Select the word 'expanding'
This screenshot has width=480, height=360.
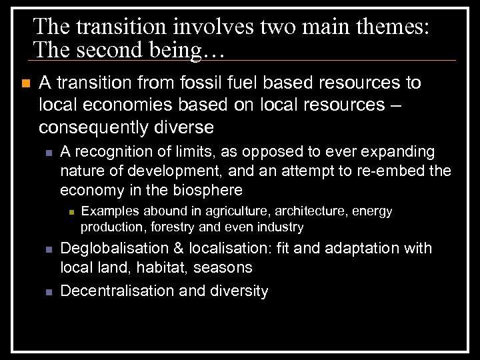400,152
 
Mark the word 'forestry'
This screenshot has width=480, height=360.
177,227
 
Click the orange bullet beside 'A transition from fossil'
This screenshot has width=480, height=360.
25,83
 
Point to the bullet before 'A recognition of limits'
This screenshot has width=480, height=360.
49,153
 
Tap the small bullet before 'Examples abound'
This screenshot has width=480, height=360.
70,212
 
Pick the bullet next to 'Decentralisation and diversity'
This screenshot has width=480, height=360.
49,291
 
